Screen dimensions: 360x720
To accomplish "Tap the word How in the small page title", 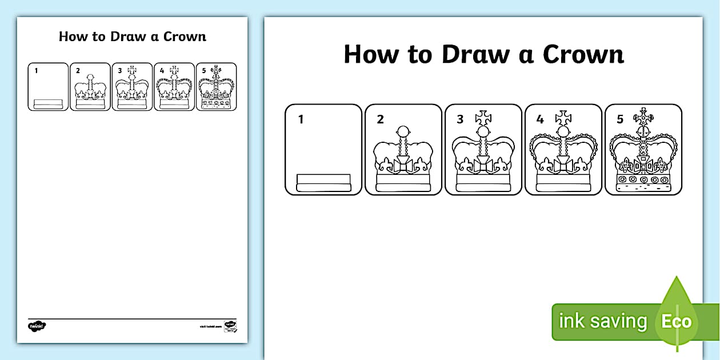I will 72,37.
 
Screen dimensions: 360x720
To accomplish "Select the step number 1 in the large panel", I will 301,119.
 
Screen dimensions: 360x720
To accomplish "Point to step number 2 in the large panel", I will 381,119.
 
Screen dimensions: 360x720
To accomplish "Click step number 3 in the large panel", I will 461,119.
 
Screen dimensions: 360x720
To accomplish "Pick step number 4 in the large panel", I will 541,119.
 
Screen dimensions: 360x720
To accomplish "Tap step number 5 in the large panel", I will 620,119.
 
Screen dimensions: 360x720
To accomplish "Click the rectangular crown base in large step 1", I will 323,183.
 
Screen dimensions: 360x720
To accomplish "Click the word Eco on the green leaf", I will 677,321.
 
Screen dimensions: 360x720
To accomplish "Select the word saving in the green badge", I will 618,322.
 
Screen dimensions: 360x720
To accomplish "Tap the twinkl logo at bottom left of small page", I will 37,326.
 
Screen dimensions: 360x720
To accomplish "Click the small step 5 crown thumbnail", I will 216,89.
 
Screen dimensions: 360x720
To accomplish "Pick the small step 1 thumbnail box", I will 48,87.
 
